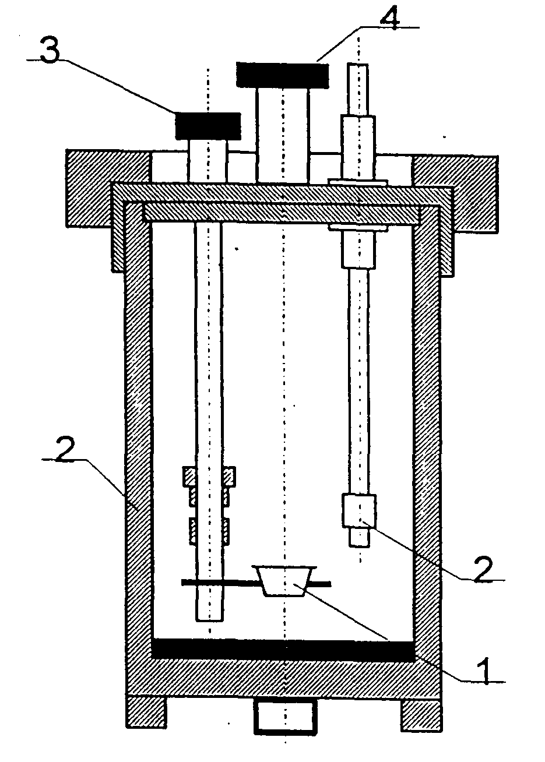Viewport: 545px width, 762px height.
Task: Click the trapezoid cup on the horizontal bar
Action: point(284,580)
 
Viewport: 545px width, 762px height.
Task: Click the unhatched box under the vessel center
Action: point(286,716)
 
